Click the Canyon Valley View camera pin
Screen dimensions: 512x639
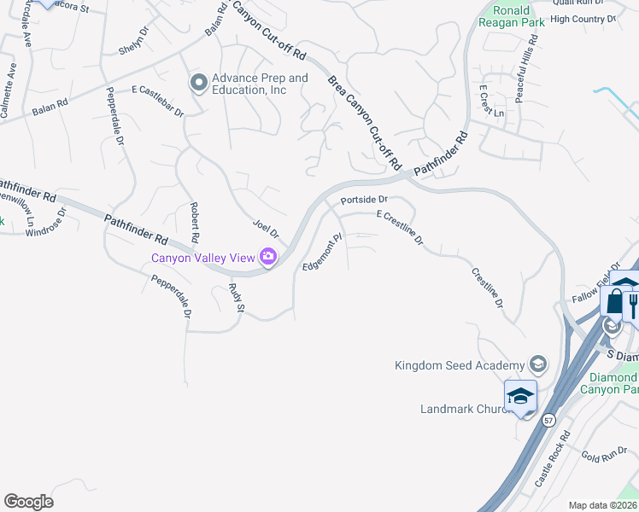pos(268,257)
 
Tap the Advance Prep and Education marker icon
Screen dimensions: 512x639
pos(199,83)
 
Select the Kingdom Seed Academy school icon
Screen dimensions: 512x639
pos(537,364)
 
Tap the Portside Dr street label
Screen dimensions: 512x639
pos(365,200)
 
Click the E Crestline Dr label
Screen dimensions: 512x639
pos(400,228)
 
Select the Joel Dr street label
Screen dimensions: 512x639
pos(266,229)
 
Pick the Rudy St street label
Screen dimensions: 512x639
pos(236,296)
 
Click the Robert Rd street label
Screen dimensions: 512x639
pos(195,221)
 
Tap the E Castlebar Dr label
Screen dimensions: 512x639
pos(158,101)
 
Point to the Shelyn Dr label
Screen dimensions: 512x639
pos(134,40)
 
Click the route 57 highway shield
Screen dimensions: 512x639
pos(548,421)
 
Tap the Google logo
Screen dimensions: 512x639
pos(28,502)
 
